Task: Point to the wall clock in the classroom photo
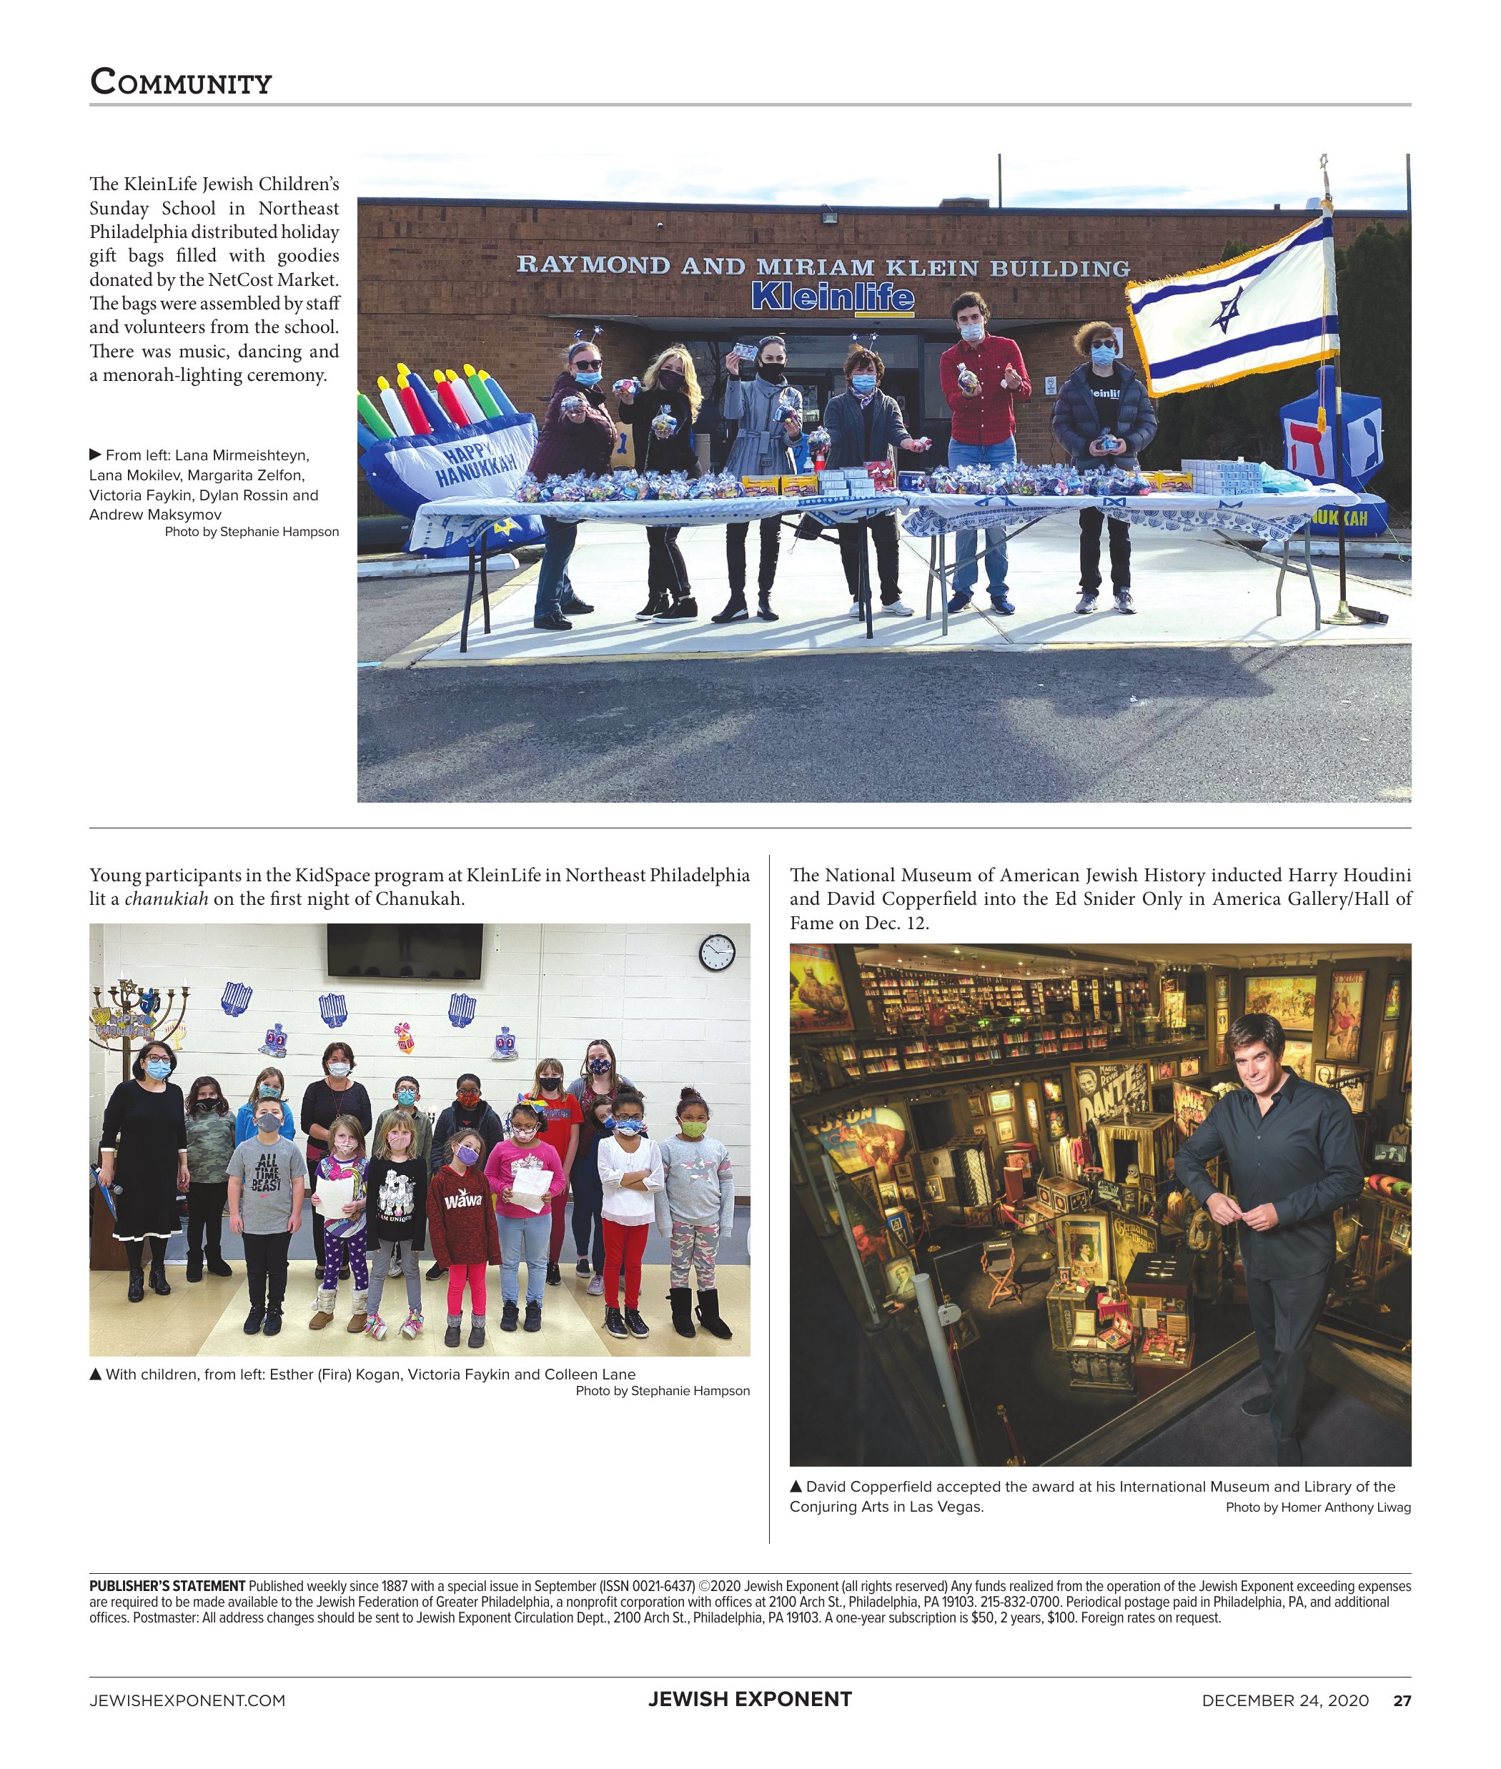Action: (x=716, y=952)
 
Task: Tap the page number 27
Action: (x=1402, y=1701)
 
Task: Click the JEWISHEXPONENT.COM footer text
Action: (x=187, y=1701)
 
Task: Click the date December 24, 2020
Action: (x=1285, y=1701)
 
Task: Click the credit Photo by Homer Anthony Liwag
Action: (x=1318, y=1507)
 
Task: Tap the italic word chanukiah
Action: (x=166, y=898)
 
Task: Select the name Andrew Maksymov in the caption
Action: (x=155, y=514)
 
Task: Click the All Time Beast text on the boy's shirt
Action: (x=267, y=1171)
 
